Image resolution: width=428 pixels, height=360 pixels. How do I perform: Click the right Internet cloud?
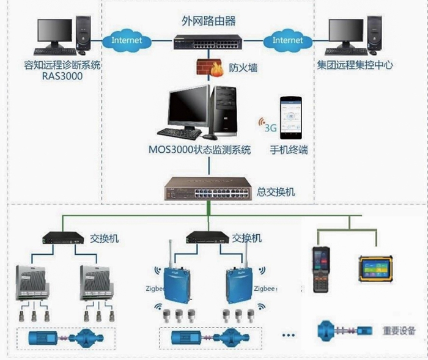[x=287, y=40]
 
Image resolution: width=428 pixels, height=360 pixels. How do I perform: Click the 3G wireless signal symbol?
[x=267, y=125]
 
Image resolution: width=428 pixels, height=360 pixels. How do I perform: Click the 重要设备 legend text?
[x=397, y=331]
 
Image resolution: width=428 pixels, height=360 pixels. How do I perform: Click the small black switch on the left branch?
[x=62, y=237]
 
